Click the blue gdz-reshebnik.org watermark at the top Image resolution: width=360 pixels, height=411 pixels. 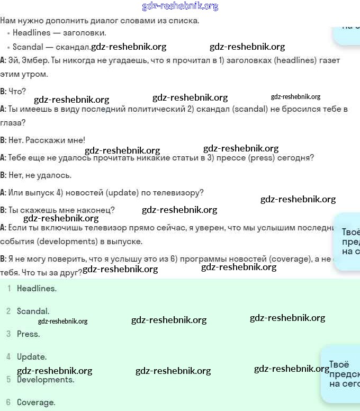pos(180,6)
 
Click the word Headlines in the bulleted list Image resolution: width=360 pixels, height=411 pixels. pos(31,33)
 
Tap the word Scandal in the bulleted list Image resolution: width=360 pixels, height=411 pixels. pos(28,47)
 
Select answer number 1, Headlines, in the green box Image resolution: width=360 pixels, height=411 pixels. pos(37,289)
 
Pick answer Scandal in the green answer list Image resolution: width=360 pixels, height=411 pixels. pos(33,311)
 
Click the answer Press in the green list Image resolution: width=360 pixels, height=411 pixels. pos(28,334)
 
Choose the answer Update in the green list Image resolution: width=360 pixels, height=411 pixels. pos(32,357)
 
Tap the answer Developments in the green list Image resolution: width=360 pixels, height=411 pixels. pos(46,380)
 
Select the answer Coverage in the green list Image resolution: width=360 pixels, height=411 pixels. pos(36,403)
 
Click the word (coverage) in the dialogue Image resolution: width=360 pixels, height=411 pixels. pos(290,259)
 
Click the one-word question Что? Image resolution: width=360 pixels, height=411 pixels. pos(17,92)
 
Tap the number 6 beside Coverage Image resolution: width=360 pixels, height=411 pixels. pos(8,403)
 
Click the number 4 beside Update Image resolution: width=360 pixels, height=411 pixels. pos(8,357)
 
